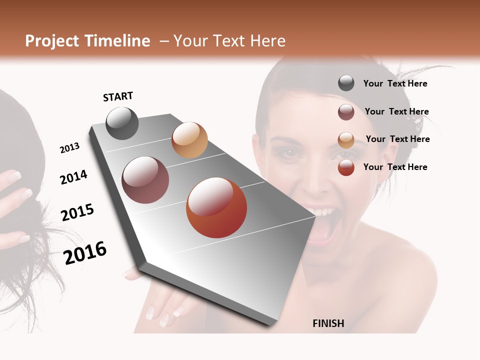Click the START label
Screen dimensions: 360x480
[x=118, y=96]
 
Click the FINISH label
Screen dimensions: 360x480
[x=328, y=323]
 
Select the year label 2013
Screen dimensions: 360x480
[x=69, y=148]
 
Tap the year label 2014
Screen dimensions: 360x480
[x=73, y=177]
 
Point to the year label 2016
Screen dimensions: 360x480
[x=85, y=252]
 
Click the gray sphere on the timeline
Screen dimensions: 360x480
[x=122, y=123]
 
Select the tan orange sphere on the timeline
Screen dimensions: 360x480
[x=189, y=140]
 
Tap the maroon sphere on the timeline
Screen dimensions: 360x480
[x=145, y=180]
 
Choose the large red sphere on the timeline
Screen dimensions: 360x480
[x=216, y=207]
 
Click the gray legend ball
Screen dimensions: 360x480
[x=346, y=83]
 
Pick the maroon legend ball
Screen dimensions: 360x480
[x=346, y=111]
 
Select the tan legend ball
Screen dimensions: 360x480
[x=346, y=139]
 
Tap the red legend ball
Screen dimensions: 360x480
[x=346, y=167]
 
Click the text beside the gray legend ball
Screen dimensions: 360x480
[x=395, y=83]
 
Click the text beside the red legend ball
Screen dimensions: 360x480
[x=395, y=167]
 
